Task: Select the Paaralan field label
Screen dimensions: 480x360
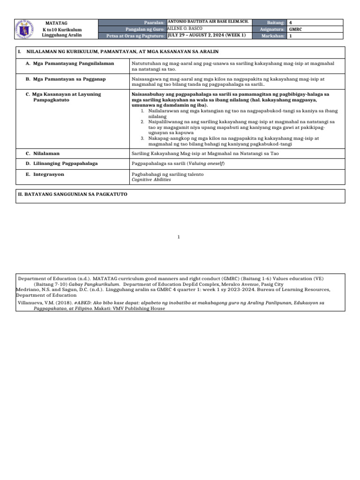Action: click(x=155, y=22)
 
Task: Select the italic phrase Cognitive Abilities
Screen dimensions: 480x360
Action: click(x=151, y=180)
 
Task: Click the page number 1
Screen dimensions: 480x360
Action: click(x=179, y=238)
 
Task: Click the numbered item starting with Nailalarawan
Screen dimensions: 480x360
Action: click(x=234, y=111)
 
